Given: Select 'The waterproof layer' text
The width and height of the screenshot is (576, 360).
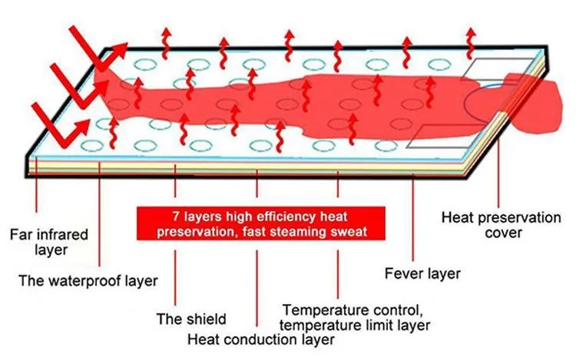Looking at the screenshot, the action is [88, 280].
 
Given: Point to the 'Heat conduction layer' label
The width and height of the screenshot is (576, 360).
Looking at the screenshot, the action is [262, 338].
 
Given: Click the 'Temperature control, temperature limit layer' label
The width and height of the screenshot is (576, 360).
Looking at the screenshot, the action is [354, 317].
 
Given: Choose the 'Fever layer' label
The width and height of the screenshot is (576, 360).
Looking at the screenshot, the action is [422, 272].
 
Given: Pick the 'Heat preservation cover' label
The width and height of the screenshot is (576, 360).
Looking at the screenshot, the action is [501, 225].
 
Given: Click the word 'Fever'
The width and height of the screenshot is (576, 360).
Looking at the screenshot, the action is [403, 272].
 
